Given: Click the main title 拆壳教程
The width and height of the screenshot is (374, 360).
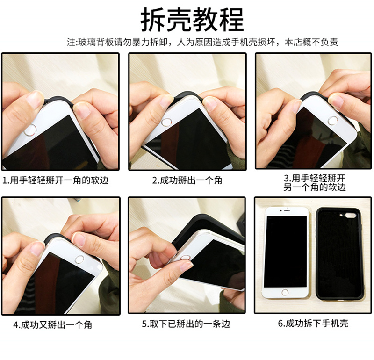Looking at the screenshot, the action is coord(192,20).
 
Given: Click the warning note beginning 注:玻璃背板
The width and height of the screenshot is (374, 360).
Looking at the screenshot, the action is coord(202,42).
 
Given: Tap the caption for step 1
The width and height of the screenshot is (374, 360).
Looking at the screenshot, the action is coord(55,180).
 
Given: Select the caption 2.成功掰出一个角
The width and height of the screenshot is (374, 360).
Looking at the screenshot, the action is coord(187,180).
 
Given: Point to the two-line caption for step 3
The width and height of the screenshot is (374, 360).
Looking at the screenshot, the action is coord(315,183).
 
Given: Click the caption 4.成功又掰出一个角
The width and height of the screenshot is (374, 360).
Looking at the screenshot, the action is coord(52,324).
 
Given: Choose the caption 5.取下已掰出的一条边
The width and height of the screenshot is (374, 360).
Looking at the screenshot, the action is coord(186,324).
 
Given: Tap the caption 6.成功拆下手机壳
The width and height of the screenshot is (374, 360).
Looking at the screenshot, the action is coord(313,323).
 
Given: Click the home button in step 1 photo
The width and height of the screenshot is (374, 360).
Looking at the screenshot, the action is coord(30,130).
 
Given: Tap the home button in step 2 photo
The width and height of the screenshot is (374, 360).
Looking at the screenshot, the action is coord(167,122).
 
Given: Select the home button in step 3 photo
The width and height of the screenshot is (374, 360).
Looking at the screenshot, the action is coord(333,121).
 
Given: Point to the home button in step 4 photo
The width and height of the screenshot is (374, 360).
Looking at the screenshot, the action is coord(79,259).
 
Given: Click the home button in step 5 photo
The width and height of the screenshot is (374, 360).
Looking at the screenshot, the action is coord(185,258).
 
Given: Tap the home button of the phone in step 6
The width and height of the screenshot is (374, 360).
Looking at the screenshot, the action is coord(285,292).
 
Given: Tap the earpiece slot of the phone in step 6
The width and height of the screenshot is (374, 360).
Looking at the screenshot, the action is coord(287,210).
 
